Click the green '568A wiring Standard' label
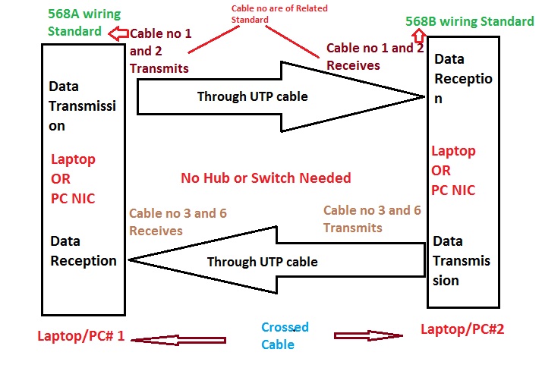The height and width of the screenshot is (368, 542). click(74, 22)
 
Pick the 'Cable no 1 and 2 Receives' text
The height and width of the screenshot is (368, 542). click(374, 56)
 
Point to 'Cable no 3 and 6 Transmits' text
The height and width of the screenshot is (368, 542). click(371, 219)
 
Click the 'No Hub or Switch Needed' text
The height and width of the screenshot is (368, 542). click(266, 178)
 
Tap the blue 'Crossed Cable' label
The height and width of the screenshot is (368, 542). click(285, 335)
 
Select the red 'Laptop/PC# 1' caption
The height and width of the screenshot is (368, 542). click(81, 336)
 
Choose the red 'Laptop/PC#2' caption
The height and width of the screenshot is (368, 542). click(462, 329)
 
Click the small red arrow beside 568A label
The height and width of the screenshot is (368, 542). click(118, 33)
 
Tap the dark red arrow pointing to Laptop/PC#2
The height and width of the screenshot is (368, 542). click(367, 335)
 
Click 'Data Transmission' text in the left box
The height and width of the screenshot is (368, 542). click(82, 106)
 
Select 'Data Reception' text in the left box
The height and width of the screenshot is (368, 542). click(84, 251)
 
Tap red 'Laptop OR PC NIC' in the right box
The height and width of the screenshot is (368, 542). click(453, 171)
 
